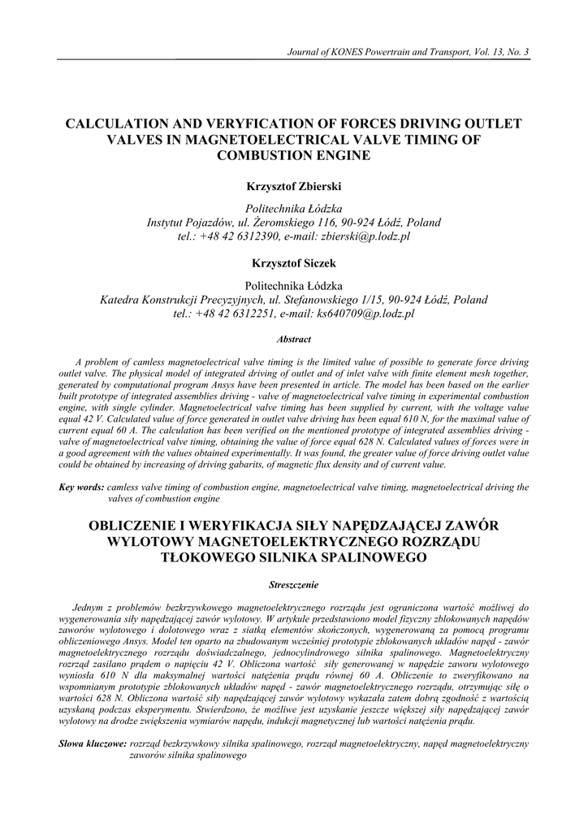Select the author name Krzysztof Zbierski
(293, 187)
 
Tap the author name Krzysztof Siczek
(293, 264)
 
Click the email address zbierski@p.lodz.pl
(363, 236)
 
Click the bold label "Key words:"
(81, 487)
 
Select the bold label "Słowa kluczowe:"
(93, 743)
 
